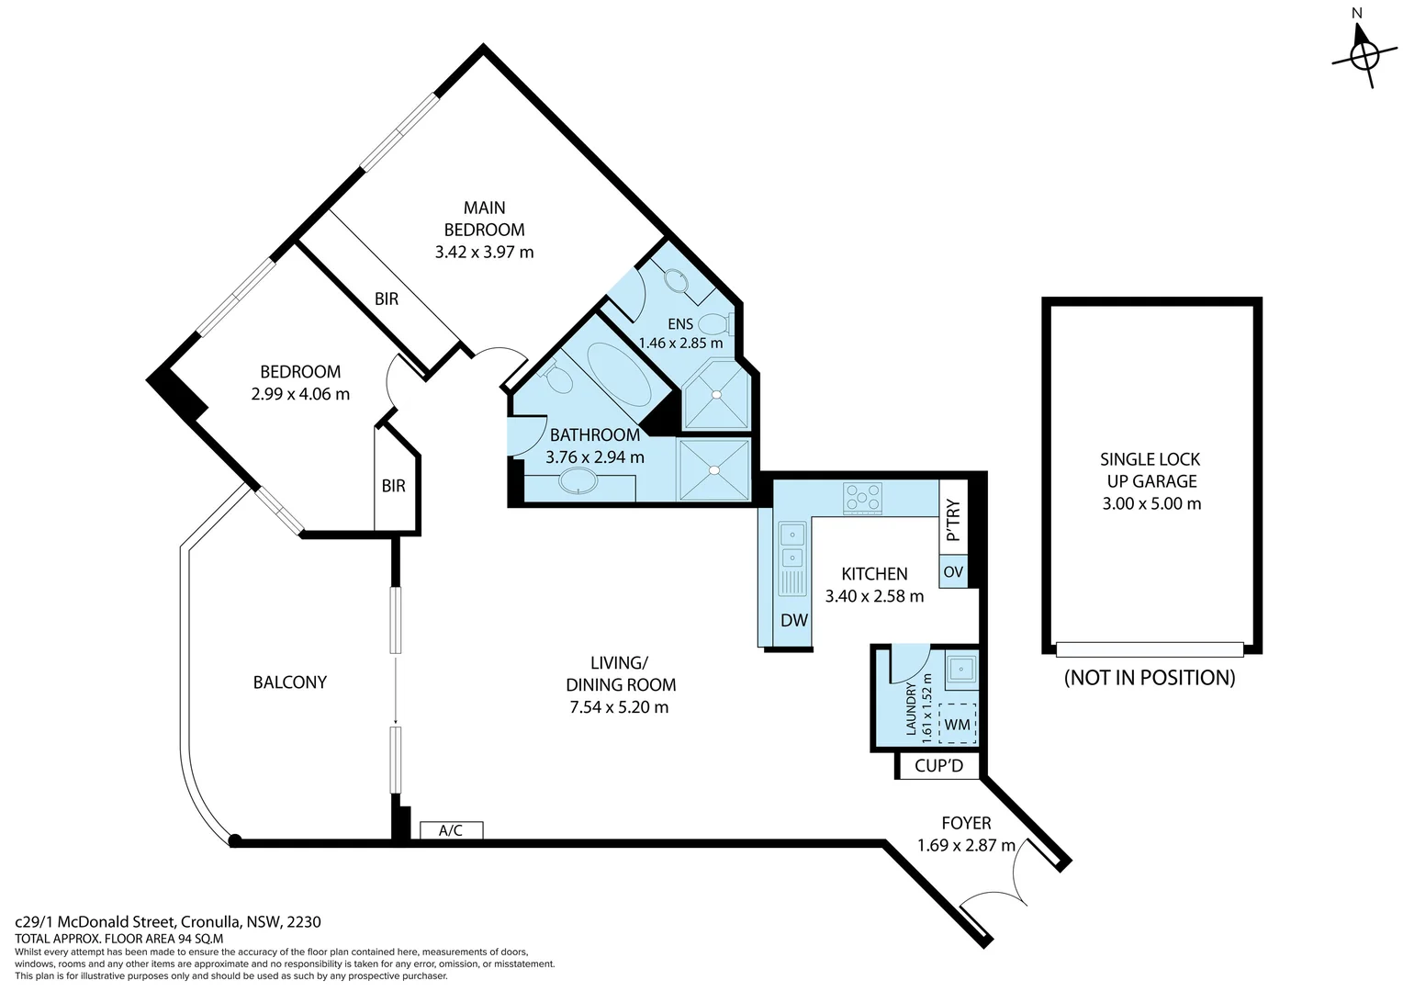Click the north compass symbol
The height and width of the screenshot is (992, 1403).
1364,55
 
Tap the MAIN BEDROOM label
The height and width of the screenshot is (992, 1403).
484,219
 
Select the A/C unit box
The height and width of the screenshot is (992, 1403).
451,830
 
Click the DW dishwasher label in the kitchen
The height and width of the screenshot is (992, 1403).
793,620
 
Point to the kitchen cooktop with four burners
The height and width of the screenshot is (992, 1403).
863,498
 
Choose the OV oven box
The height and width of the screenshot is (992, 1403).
953,571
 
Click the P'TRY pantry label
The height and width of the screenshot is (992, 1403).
953,520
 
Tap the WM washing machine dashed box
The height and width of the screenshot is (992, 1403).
957,724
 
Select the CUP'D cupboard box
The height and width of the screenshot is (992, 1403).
938,765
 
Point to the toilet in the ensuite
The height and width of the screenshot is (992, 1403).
713,323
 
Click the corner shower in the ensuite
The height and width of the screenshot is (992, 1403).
716,396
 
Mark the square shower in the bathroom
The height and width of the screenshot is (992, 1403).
714,469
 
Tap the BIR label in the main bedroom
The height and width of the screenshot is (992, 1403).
387,299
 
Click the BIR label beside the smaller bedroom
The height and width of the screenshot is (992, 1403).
394,486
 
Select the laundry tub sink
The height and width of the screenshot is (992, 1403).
961,669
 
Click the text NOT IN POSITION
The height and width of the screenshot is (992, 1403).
1149,678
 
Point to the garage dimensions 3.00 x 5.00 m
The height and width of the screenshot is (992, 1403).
1151,503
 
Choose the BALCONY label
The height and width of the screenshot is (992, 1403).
289,682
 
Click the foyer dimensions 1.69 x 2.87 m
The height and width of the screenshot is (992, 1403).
966,845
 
